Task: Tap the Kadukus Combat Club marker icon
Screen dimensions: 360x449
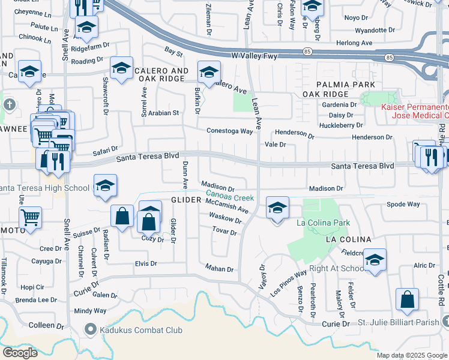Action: [x=91, y=329]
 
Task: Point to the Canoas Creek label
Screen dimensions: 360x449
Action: [x=230, y=195]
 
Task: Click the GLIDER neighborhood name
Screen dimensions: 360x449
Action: [x=185, y=200]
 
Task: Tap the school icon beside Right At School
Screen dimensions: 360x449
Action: [x=375, y=260]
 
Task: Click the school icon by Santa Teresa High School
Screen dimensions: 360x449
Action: [x=104, y=185]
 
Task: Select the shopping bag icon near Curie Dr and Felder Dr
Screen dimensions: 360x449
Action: [x=407, y=299]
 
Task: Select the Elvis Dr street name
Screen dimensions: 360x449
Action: [x=145, y=263]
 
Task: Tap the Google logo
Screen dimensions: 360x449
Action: [x=20, y=352]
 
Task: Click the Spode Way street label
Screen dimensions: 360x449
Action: [x=403, y=204]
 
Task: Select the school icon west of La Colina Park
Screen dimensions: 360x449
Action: [x=277, y=208]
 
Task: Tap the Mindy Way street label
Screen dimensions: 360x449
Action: [x=90, y=311]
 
